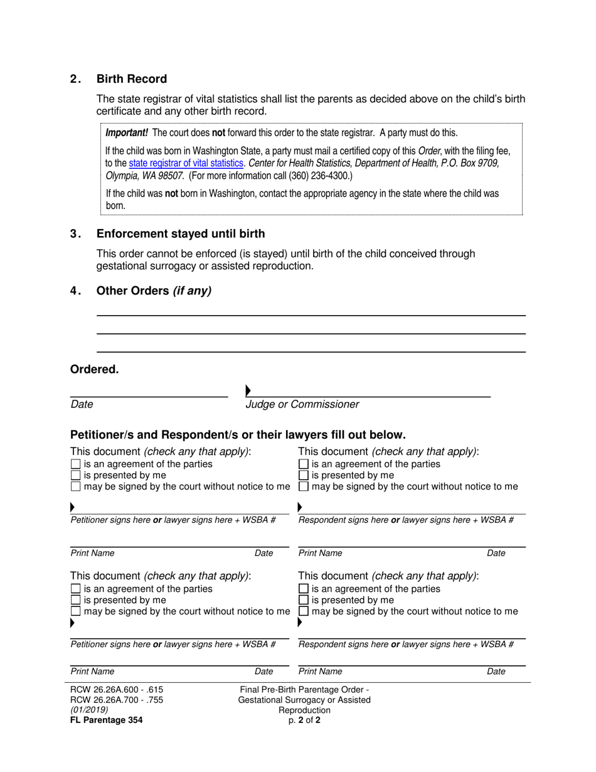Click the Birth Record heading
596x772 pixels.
131,79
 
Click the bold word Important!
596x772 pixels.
126,133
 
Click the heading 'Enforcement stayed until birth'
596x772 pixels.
180,234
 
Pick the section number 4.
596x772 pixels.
75,291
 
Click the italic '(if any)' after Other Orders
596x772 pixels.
192,291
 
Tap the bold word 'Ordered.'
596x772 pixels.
94,370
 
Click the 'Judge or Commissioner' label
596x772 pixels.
302,405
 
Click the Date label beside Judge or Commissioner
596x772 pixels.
82,405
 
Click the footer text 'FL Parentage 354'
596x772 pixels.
106,721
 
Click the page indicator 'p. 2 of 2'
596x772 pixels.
304,721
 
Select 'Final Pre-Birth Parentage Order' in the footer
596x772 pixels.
304,689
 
